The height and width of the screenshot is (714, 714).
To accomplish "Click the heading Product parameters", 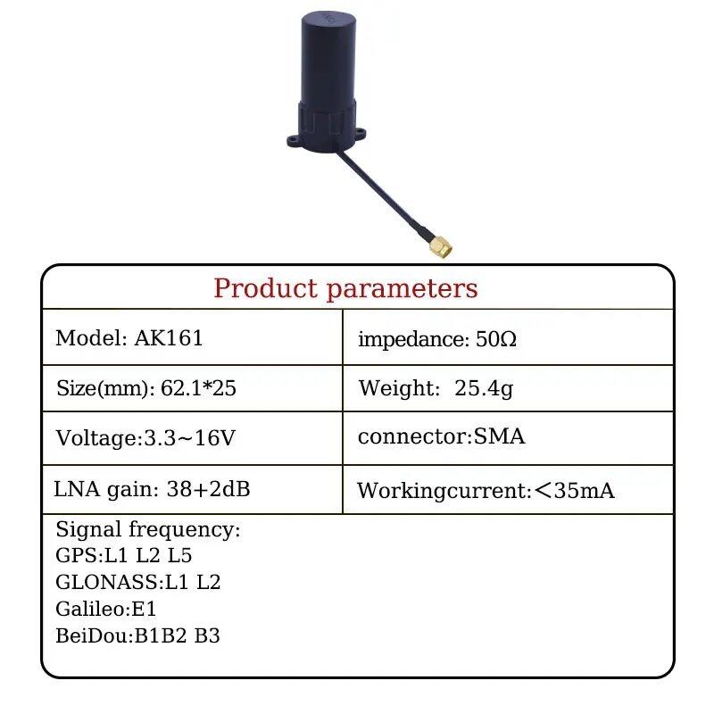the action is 345,288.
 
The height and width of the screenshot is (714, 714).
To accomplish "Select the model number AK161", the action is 169,338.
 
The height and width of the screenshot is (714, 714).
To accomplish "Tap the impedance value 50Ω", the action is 496,339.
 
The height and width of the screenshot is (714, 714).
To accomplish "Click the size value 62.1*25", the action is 198,388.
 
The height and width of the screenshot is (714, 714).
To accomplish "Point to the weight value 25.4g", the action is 484,388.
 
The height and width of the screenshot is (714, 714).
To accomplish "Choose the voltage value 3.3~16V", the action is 189,438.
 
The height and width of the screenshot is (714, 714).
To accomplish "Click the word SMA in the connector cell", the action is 499,436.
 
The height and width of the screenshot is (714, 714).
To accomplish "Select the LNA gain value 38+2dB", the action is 208,489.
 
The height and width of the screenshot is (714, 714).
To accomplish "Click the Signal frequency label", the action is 147,529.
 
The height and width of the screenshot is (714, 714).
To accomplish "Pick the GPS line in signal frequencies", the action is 123,555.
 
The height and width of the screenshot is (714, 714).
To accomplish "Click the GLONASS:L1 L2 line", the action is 137,582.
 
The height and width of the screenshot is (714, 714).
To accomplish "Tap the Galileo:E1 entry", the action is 105,609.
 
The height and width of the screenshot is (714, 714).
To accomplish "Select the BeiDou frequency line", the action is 137,635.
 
